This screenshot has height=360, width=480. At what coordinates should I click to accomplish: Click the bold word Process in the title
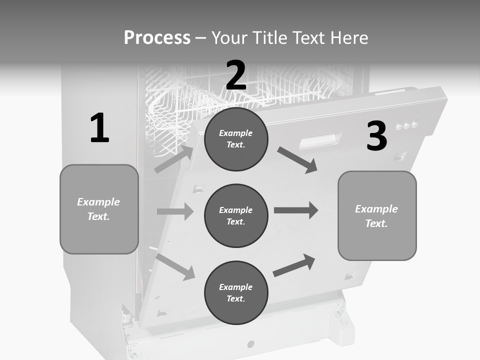157,38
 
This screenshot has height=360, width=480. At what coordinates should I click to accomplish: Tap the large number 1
99,128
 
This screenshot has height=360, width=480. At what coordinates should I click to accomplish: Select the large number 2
236,75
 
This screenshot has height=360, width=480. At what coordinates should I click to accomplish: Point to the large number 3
376,136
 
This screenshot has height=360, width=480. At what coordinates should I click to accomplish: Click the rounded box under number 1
99,209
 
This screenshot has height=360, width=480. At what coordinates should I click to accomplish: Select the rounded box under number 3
377,215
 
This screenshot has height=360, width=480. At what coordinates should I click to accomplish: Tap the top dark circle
236,139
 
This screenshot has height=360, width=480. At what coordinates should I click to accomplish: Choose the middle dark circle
236,215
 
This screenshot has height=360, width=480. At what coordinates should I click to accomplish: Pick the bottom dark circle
236,292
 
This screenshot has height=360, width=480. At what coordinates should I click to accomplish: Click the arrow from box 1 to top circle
174,159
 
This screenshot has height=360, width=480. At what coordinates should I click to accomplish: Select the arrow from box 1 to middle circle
175,211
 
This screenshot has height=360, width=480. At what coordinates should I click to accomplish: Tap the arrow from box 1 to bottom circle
175,266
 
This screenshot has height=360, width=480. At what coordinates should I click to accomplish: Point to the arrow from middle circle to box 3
296,210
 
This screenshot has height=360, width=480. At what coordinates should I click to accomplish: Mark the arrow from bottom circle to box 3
294,265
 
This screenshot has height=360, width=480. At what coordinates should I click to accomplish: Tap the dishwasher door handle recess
320,140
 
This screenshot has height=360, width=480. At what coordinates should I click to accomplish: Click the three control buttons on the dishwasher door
406,125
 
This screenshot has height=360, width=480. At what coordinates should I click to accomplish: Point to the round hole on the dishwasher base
250,344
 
